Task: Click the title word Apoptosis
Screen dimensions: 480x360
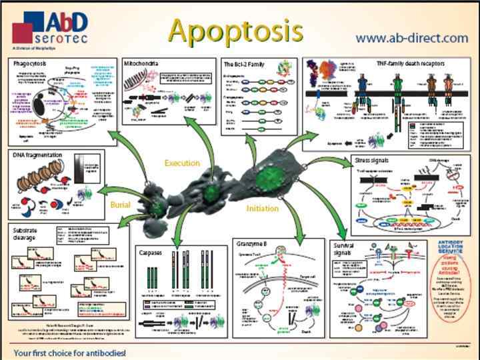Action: point(235,30)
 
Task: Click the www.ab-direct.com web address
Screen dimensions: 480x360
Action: point(411,38)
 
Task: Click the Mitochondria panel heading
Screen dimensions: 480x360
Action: point(141,63)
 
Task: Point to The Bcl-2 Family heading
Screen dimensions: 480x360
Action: point(245,63)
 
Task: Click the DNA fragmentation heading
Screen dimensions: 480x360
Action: point(37,155)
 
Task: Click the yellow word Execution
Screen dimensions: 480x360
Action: point(182,163)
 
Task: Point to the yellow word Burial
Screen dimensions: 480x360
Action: point(121,204)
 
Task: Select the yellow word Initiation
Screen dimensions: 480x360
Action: point(262,209)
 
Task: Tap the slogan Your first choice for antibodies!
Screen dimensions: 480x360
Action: point(69,351)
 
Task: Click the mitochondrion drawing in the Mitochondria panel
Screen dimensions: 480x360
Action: point(139,84)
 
